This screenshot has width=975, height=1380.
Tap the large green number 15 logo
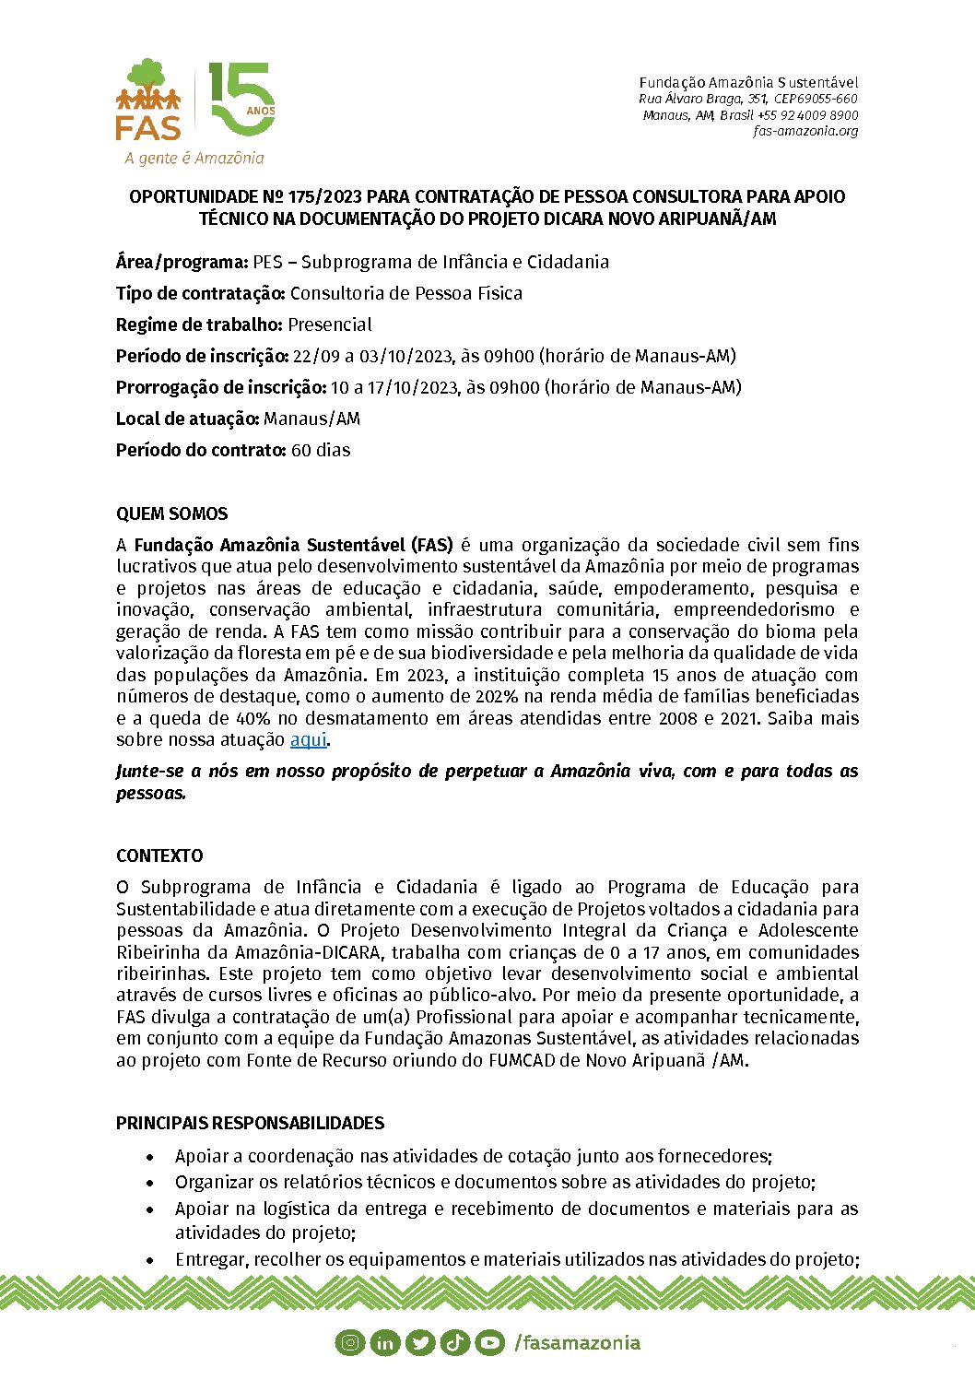point(240,100)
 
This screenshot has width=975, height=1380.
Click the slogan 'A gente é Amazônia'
point(194,158)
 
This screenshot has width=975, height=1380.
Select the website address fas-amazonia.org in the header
point(805,131)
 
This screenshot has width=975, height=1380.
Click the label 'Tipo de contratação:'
point(201,293)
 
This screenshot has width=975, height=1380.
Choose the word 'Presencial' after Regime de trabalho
point(330,324)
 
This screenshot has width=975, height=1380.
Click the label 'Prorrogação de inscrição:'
point(221,387)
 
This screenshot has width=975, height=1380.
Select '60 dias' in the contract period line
point(321,450)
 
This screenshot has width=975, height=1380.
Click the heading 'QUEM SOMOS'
point(171,513)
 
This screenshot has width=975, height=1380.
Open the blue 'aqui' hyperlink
point(309,739)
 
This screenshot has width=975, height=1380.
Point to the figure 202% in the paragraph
point(497,696)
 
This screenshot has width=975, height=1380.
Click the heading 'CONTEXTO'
point(159,855)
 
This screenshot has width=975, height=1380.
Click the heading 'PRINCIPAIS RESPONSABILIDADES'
point(250,1123)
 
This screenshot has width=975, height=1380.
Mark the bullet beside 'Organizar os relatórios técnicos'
point(151,1183)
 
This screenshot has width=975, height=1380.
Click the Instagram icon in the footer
point(350,1343)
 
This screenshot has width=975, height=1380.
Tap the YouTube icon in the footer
point(489,1343)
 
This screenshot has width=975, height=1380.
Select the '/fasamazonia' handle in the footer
point(577,1342)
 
